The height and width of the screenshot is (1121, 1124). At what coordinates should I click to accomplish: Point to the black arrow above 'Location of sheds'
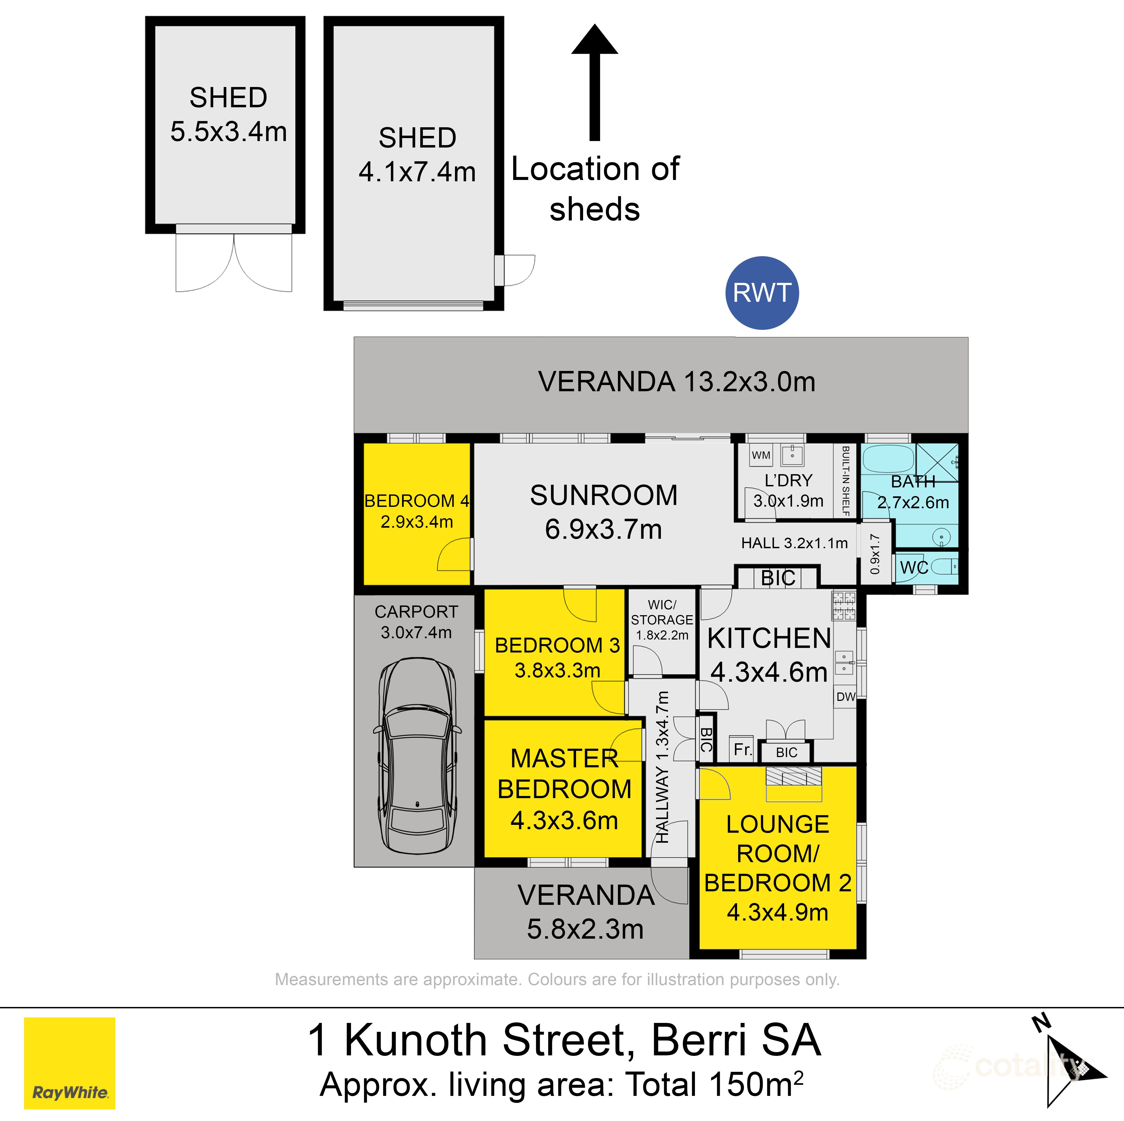tap(594, 81)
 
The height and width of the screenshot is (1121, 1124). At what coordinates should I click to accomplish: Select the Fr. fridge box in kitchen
tap(742, 749)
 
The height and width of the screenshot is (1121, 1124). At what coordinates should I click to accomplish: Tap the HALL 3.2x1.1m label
tap(794, 543)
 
